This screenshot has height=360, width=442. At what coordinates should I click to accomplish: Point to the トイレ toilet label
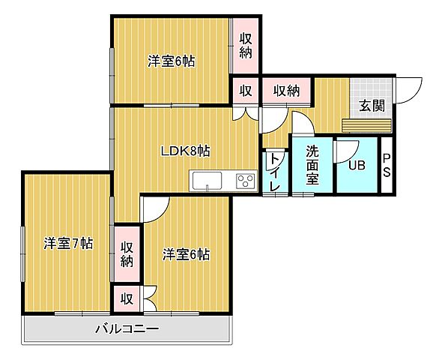pos(275,172)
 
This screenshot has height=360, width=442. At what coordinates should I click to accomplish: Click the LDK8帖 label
pos(185,151)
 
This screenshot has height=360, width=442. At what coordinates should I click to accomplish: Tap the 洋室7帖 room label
pos(67,243)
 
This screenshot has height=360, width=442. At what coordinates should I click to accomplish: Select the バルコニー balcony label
pos(127,328)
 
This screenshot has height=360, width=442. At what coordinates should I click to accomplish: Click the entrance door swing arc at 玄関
pos(409,91)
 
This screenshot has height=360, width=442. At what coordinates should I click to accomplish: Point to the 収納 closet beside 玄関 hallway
pos(286,91)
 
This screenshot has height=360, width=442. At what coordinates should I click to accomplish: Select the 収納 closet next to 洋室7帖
pos(127,254)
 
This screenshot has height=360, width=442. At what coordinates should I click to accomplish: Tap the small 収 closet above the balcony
pos(127,298)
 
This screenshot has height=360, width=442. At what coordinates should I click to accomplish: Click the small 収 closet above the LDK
pos(245,91)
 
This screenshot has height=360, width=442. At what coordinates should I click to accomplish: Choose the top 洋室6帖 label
pos(171,61)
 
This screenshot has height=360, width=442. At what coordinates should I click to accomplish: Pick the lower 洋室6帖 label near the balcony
pos(185,254)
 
